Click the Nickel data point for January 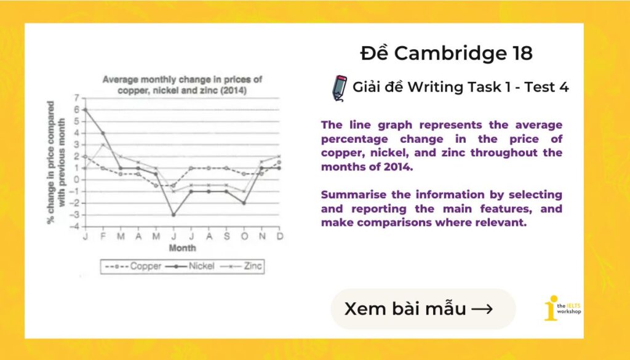click(x=84, y=110)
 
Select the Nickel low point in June click(x=174, y=215)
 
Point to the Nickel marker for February click(x=103, y=133)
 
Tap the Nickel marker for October click(x=244, y=203)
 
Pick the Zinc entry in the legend click(x=241, y=266)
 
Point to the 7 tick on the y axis click(x=76, y=98)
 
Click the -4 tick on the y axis click(x=74, y=226)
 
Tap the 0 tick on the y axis click(x=76, y=180)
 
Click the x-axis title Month click(x=182, y=248)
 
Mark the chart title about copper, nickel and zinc click(x=182, y=85)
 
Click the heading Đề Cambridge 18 click(x=446, y=54)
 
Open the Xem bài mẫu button click(x=423, y=309)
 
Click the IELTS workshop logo click(x=562, y=308)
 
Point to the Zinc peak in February click(x=103, y=145)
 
